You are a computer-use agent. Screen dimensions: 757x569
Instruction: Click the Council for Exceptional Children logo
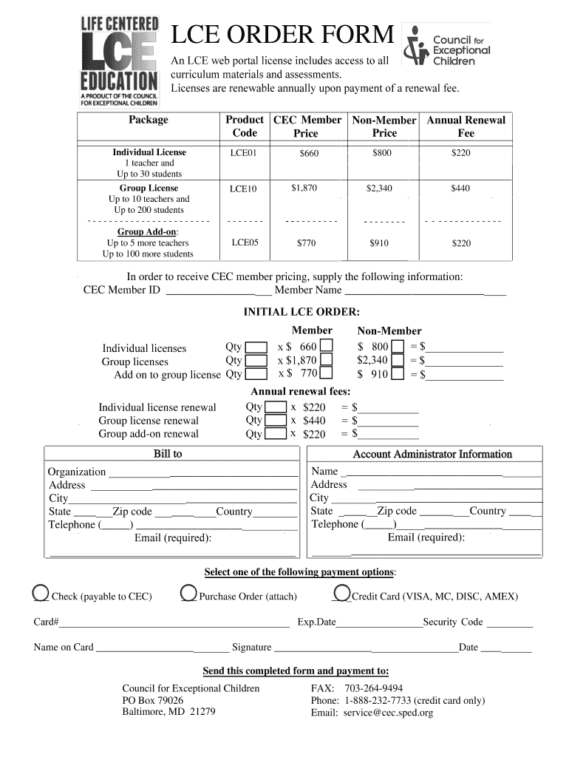click(x=447, y=45)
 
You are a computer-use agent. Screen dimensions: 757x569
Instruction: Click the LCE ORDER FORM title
click(x=283, y=35)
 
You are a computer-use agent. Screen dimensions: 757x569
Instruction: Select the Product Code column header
click(x=245, y=126)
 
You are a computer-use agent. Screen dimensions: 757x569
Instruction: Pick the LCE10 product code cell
click(x=243, y=189)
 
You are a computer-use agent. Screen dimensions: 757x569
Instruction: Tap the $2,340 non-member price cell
click(x=379, y=189)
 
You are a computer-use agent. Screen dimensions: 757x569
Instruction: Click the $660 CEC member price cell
click(x=308, y=154)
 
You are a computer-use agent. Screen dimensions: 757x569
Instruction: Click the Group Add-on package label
click(x=147, y=231)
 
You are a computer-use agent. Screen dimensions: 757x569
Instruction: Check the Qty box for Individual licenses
click(x=256, y=348)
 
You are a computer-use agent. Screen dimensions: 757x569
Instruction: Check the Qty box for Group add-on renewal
click(x=276, y=434)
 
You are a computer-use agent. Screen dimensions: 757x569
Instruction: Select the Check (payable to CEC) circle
click(x=41, y=594)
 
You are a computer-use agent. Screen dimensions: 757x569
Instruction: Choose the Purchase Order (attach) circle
click(x=188, y=594)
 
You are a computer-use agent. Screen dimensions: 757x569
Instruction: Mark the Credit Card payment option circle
click(x=341, y=594)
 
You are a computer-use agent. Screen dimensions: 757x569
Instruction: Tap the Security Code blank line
click(x=510, y=622)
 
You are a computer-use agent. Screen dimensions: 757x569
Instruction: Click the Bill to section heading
click(x=168, y=454)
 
